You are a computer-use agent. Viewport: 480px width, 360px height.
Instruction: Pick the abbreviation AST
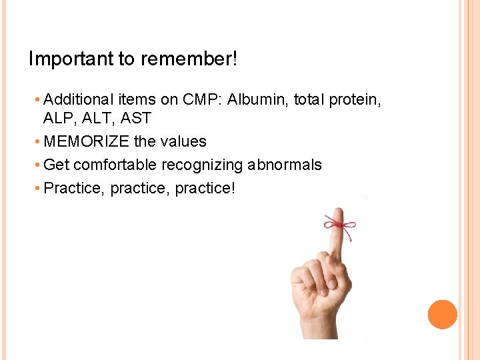(136, 119)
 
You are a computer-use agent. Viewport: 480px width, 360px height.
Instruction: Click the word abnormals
(285, 165)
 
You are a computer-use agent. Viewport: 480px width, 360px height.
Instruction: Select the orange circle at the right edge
(442, 315)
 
